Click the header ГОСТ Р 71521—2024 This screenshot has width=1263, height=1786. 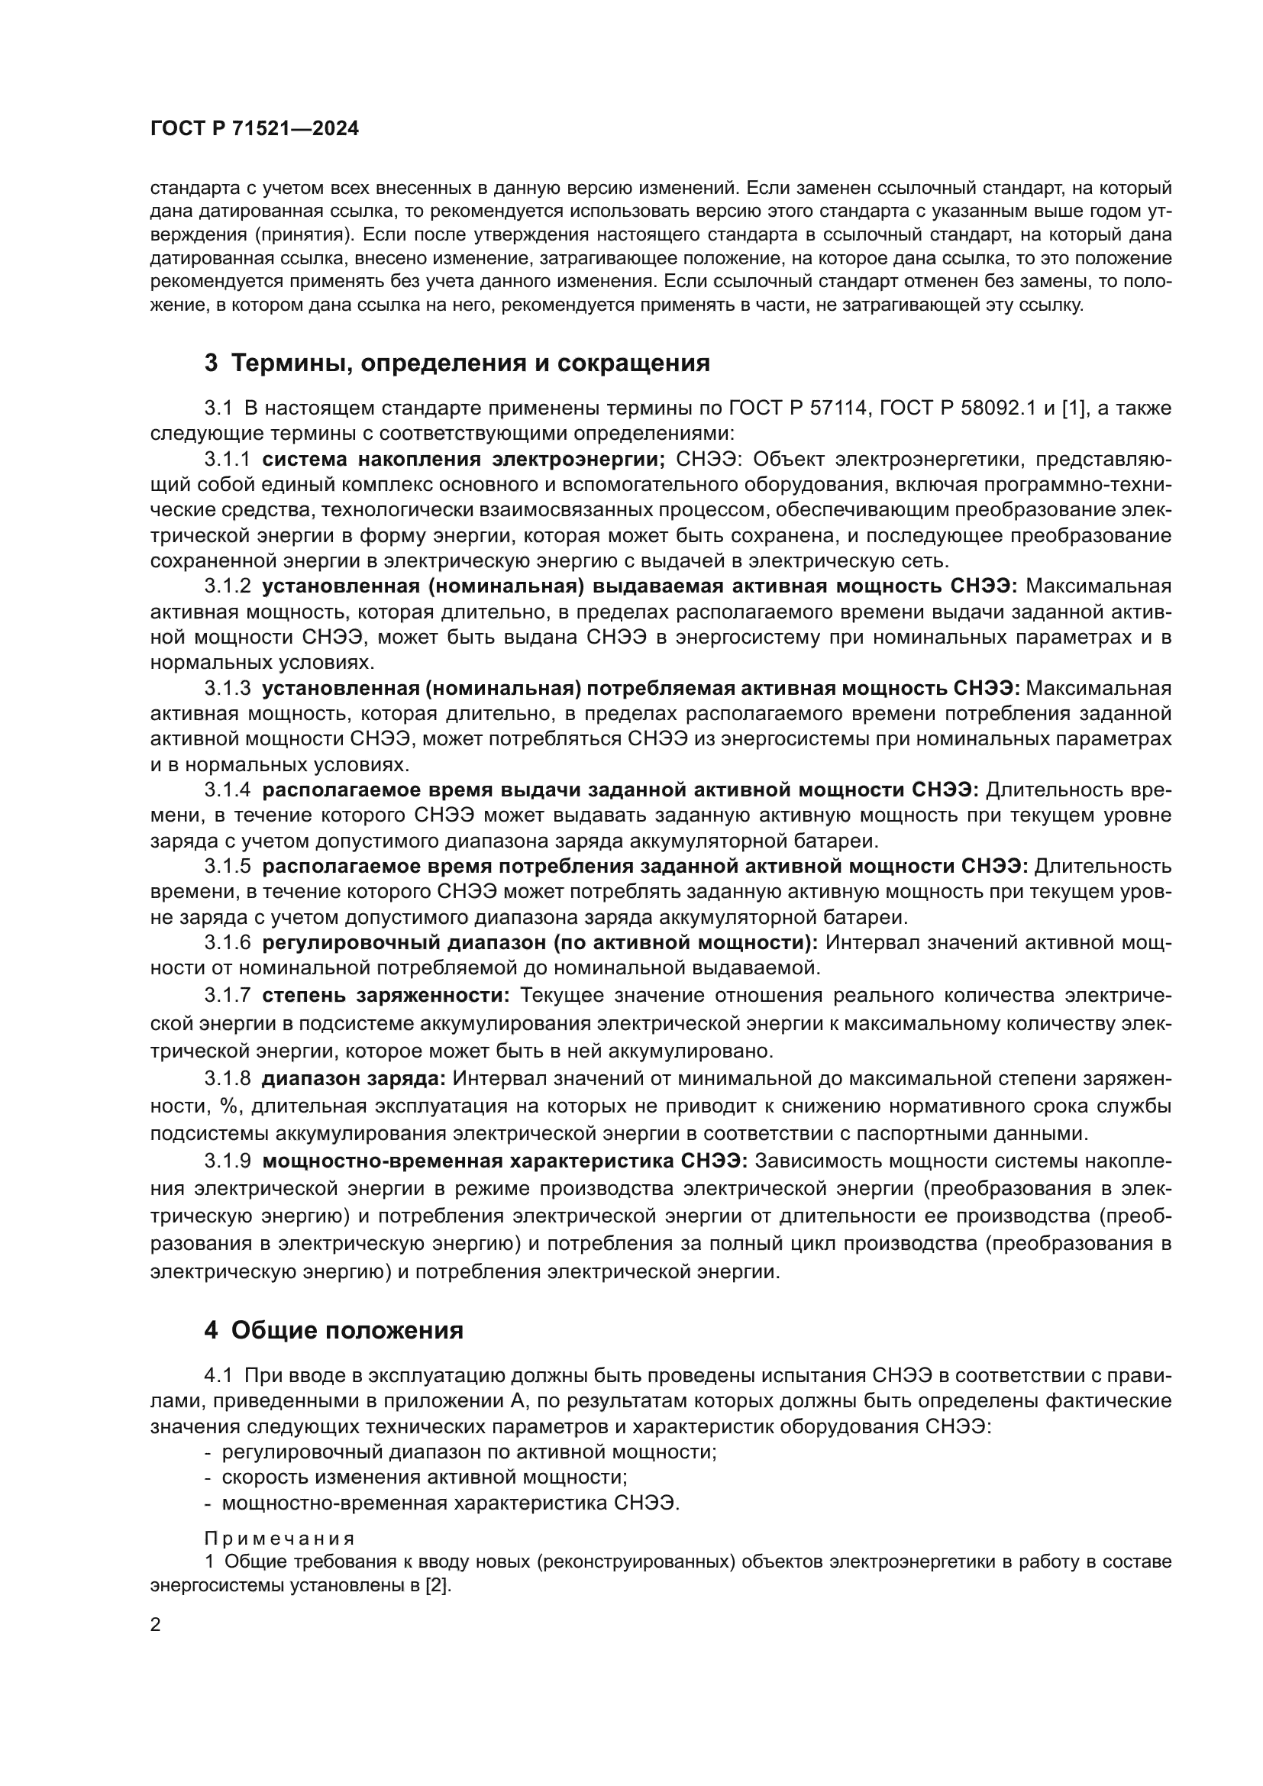coord(254,129)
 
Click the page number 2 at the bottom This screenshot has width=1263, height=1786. coord(156,1625)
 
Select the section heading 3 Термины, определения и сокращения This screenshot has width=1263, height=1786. coord(457,363)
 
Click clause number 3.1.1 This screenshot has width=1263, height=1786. coord(228,460)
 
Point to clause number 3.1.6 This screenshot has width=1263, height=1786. coord(228,943)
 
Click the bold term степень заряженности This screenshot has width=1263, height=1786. coord(386,996)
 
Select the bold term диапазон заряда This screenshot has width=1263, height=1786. coord(354,1079)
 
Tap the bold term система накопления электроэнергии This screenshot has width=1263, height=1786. coord(464,460)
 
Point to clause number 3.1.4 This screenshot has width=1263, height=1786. coord(228,790)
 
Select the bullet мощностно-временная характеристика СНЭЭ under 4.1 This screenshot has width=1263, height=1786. coord(451,1503)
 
